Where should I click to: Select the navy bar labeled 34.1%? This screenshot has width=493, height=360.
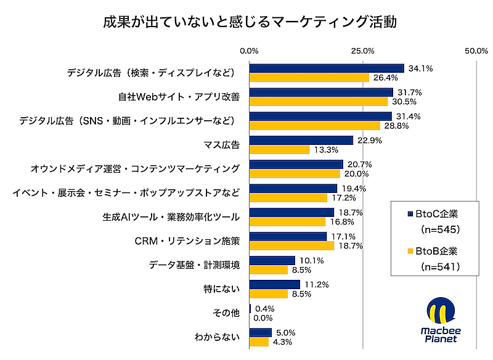click(x=326, y=68)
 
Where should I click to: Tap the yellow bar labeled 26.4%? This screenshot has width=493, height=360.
click(x=309, y=78)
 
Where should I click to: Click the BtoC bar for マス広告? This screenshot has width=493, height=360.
click(x=301, y=141)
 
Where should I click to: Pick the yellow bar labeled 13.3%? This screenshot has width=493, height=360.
click(x=279, y=150)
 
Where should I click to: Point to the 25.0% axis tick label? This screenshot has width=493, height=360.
click(x=363, y=51)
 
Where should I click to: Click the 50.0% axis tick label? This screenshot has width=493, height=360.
click(x=476, y=51)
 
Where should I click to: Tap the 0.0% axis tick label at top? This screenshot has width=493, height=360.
click(x=249, y=51)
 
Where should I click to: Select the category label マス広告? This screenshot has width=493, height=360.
click(x=221, y=145)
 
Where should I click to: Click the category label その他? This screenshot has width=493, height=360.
click(x=226, y=313)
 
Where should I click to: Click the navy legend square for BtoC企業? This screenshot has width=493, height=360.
click(x=410, y=214)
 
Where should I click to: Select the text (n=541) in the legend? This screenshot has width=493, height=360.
click(x=440, y=267)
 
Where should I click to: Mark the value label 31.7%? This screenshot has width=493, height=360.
click(x=407, y=92)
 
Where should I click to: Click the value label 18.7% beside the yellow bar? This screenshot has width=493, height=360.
click(x=348, y=245)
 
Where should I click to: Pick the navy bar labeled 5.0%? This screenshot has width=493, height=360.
click(x=260, y=333)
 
